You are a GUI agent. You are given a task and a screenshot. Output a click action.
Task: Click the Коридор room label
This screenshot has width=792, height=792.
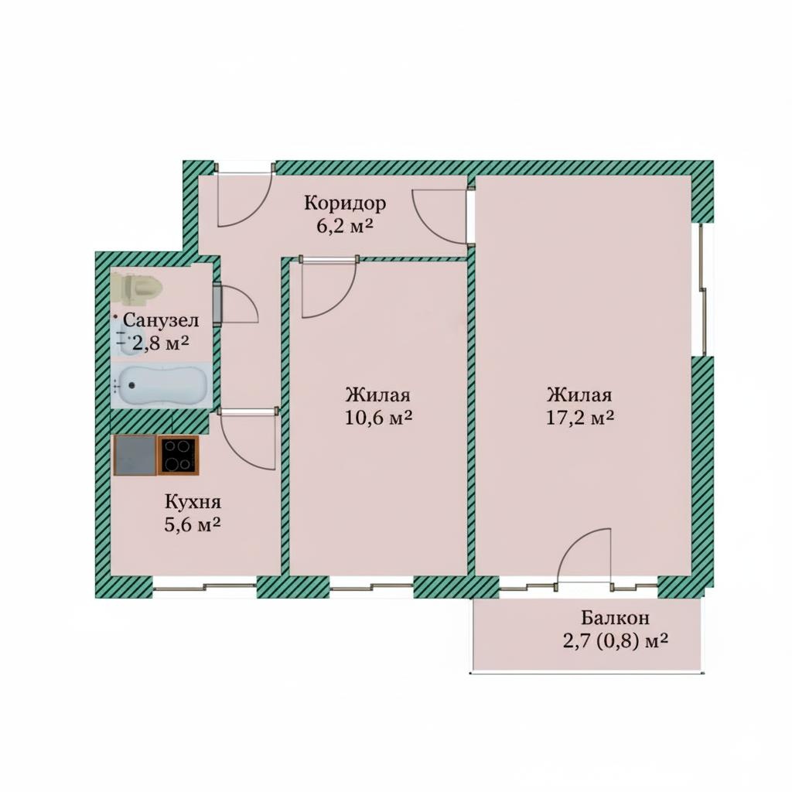pos(345,203)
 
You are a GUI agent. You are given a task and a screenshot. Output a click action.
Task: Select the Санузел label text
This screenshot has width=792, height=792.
pos(161,320)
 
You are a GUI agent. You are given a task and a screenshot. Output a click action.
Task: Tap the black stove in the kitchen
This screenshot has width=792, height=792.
pos(179,455)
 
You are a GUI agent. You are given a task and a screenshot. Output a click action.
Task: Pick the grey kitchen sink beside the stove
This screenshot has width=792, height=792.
pos(135,455)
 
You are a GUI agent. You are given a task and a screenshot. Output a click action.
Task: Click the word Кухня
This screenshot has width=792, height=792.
pos(193,502)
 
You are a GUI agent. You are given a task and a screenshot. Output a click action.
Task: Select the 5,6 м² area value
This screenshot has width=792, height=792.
pos(193,524)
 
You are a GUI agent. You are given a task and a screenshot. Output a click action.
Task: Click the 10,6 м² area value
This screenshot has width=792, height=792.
pos(379,417)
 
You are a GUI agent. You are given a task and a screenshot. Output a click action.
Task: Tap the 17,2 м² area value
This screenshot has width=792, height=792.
pos(580,417)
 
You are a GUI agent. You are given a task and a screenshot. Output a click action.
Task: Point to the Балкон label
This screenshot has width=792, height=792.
pos(615,617)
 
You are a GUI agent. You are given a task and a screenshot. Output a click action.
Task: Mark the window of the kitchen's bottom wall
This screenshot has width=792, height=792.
pos(204,586)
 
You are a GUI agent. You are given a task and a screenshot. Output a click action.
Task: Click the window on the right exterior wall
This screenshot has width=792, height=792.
pos(702,289)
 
